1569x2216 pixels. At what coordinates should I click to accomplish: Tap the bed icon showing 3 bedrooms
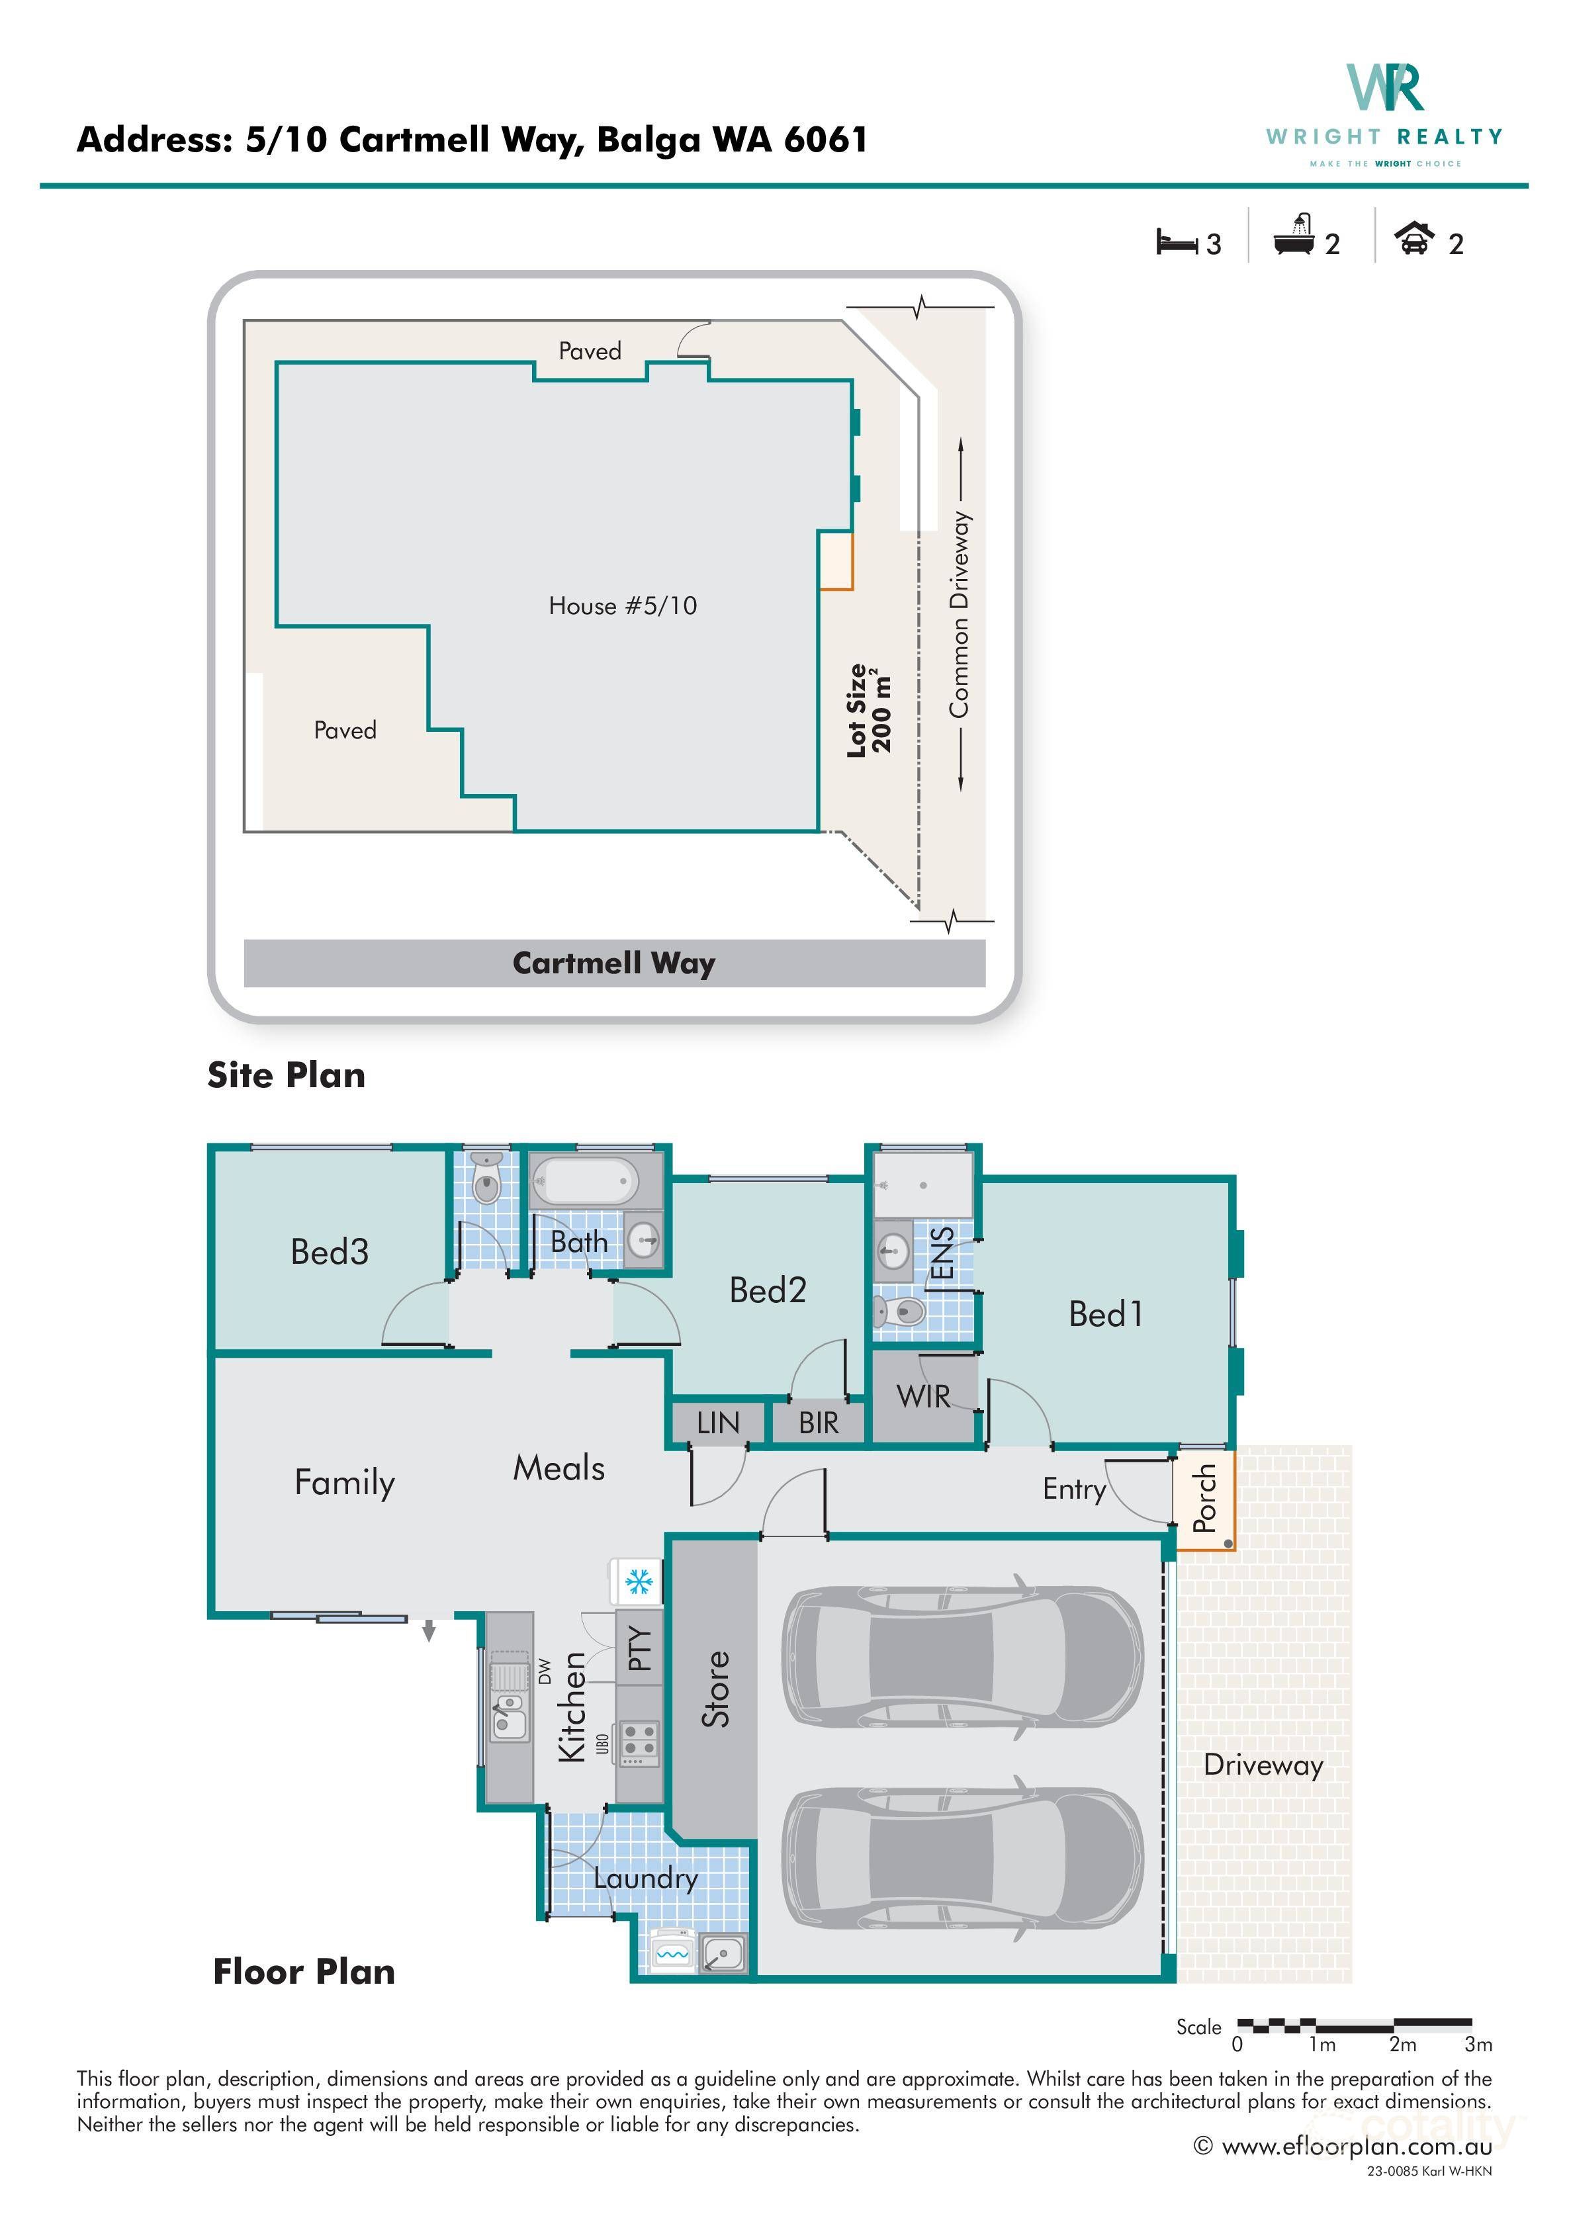pyautogui.click(x=1176, y=242)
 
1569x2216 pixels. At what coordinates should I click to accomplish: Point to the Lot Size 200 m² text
pyautogui.click(x=868, y=710)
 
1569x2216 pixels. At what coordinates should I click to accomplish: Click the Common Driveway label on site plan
pyautogui.click(x=960, y=614)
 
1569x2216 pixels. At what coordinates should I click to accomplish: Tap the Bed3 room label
pyautogui.click(x=330, y=1252)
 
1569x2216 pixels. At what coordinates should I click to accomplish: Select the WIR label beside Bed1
pyautogui.click(x=922, y=1396)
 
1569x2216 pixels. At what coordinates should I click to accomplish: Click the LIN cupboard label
pyautogui.click(x=718, y=1423)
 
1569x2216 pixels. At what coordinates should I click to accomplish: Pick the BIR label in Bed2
pyautogui.click(x=819, y=1423)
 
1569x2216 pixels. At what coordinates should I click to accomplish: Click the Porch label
pyautogui.click(x=1204, y=1498)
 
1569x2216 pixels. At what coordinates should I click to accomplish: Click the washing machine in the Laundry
pyautogui.click(x=672, y=1951)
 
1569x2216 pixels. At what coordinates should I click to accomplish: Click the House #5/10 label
pyautogui.click(x=622, y=605)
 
